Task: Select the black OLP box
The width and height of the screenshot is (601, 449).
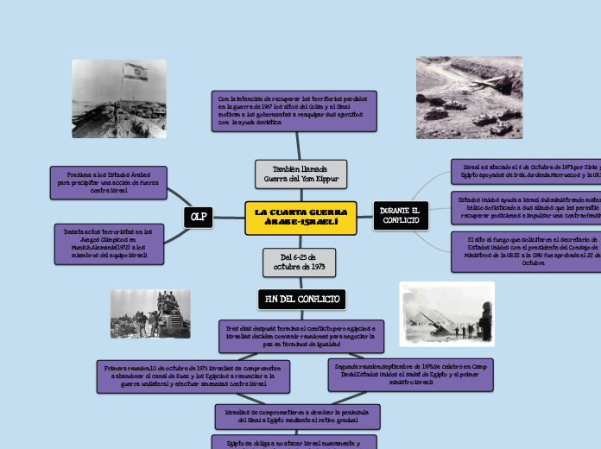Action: coord(198,218)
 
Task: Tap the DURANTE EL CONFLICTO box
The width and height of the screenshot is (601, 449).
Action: coord(400,217)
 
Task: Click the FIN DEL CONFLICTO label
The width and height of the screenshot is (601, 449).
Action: coord(301,299)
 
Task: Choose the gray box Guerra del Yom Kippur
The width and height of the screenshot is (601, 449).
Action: coord(301,174)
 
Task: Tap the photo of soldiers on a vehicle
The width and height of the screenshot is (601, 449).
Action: coord(150,314)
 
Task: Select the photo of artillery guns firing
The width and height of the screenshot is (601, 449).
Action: coord(446,314)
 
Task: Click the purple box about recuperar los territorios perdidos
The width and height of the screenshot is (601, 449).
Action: coord(294,111)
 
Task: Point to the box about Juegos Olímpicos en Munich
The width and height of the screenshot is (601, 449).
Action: coord(109,244)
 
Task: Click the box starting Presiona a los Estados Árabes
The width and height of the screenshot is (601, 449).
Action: coord(109,182)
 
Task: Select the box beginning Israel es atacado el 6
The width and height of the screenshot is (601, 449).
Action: coord(526,171)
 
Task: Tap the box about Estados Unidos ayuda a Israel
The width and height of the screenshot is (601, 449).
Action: coord(526,208)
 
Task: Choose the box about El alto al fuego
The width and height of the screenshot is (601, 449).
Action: coord(526,251)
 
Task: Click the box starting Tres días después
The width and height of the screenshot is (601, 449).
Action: coord(300,337)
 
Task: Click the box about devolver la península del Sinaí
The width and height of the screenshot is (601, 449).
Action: coord(297,416)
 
